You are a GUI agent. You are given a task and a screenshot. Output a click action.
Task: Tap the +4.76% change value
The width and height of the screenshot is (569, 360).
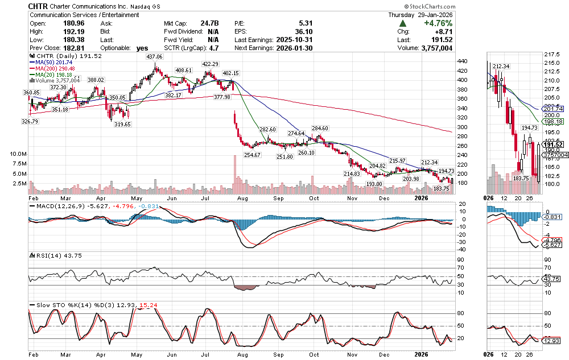tap(438, 23)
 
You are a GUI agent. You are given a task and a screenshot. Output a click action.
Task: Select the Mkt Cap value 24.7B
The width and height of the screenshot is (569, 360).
tap(208, 23)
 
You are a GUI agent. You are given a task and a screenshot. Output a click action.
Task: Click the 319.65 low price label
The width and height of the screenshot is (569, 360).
tap(122, 123)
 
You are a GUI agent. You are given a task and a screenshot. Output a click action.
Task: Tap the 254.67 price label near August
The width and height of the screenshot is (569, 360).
tap(251, 155)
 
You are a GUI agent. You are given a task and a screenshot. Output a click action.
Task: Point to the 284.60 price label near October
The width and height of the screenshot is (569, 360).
tap(321, 129)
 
